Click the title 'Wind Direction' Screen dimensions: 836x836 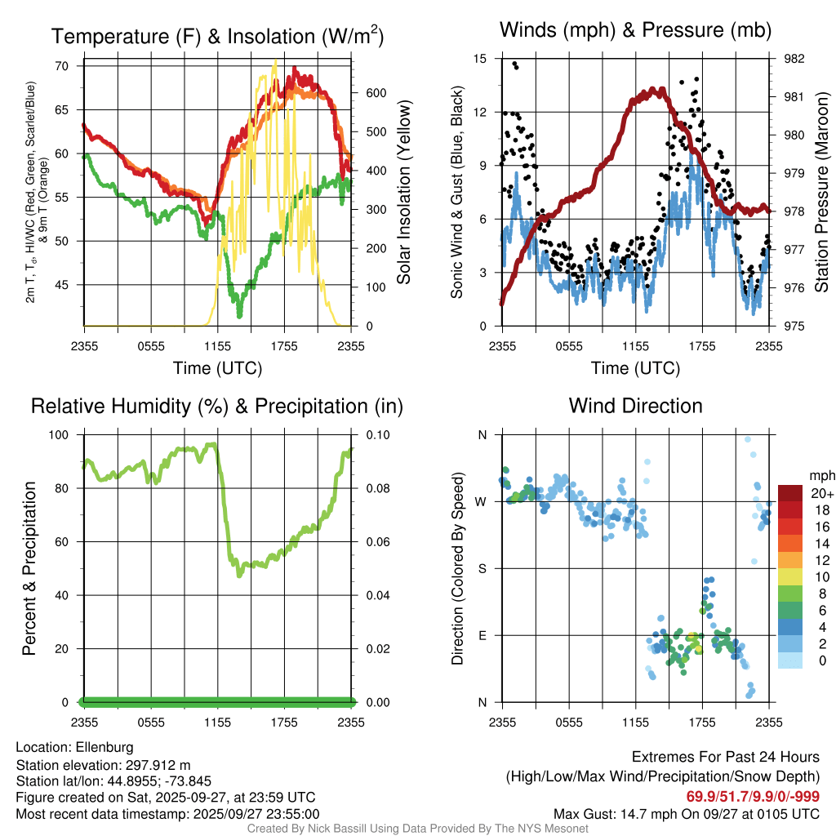click(x=635, y=406)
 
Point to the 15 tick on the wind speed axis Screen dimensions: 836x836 click(x=480, y=59)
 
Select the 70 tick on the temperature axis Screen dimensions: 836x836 click(x=69, y=66)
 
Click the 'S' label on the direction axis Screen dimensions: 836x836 click(x=482, y=568)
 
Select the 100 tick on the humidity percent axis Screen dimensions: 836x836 click(x=64, y=434)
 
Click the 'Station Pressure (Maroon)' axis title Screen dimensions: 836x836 click(x=822, y=193)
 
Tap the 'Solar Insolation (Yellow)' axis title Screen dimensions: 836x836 click(x=403, y=193)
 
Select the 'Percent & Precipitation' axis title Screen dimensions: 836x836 click(x=30, y=568)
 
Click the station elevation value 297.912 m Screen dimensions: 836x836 click(x=157, y=765)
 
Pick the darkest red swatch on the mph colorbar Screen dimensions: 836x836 click(x=791, y=493)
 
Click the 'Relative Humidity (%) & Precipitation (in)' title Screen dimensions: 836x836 click(x=217, y=406)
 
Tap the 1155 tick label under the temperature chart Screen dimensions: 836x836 click(x=217, y=346)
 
